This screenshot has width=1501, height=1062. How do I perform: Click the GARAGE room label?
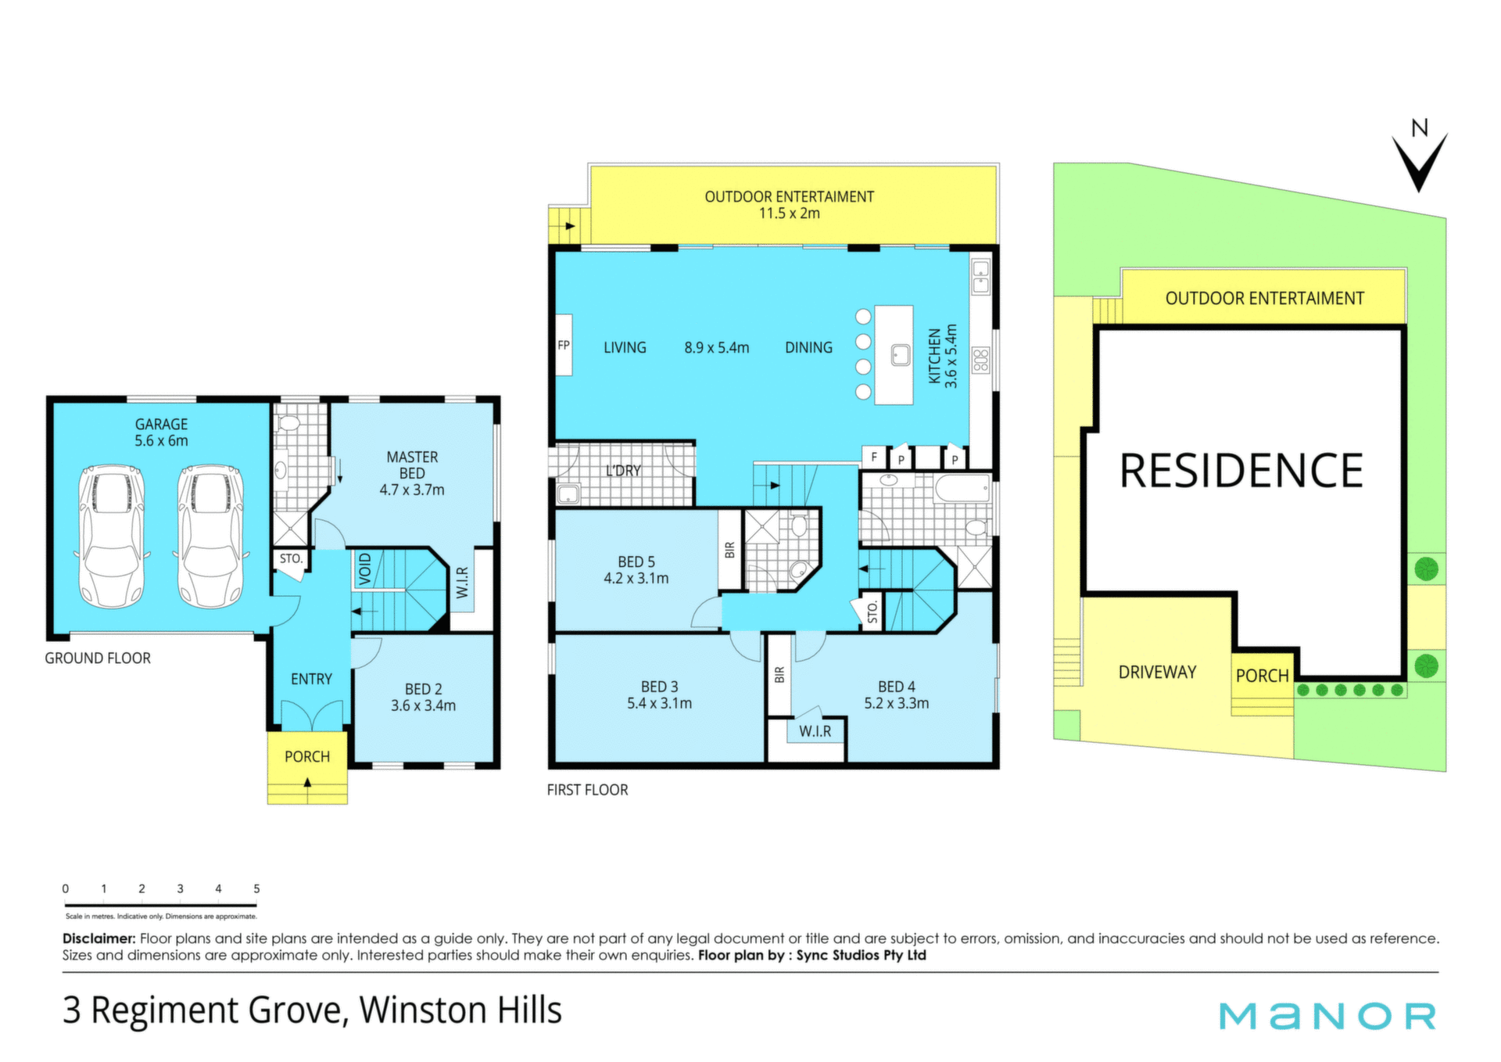point(161,424)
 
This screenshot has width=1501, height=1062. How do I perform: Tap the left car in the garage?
point(112,536)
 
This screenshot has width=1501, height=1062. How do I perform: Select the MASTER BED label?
point(412,465)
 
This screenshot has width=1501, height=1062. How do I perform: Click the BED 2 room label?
point(423,689)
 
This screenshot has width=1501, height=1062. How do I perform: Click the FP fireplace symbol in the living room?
point(564,346)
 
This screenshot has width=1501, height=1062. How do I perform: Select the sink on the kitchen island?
point(901,355)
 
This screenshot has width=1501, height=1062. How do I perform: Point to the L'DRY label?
point(623,471)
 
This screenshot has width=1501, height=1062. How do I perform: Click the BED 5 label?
point(636,561)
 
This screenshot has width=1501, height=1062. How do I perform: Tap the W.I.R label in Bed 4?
point(815,731)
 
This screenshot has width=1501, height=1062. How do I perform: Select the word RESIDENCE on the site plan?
point(1241,471)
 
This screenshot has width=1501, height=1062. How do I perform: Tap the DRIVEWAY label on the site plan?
point(1157,673)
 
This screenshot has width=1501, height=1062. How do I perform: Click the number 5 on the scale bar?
point(256,888)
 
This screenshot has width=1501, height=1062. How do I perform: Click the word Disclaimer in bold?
point(99,938)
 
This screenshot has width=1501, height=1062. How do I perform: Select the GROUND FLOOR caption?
point(98,658)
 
